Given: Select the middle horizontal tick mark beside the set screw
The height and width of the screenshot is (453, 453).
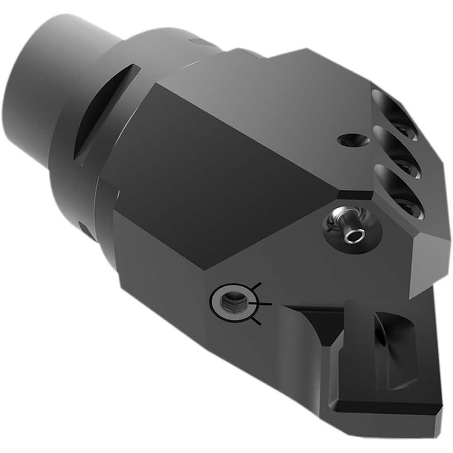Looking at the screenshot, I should pyautogui.click(x=265, y=304).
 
